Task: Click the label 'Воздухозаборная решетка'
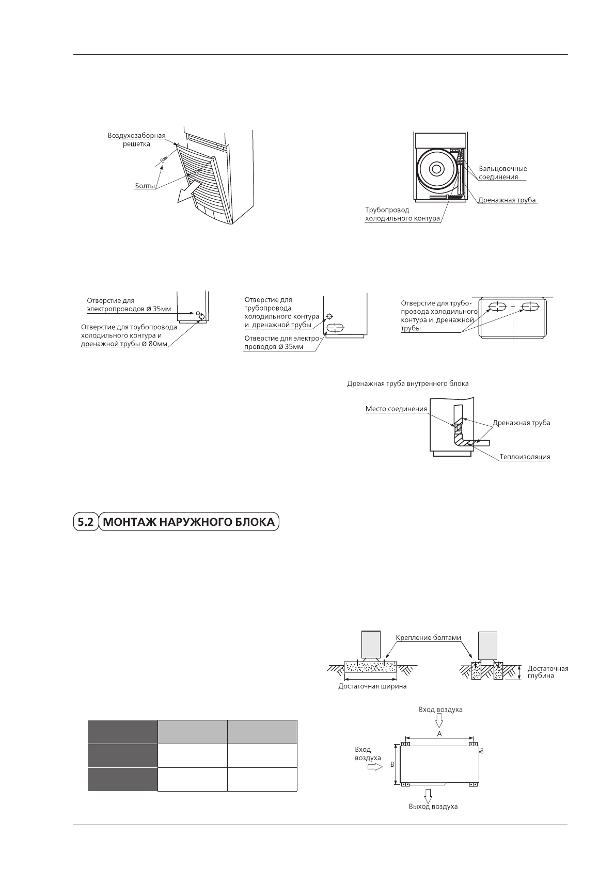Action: [x=136, y=140]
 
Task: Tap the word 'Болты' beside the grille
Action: [x=142, y=186]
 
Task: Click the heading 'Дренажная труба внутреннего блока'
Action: [x=408, y=384]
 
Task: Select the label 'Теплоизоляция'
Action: [x=525, y=457]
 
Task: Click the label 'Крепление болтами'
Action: [x=428, y=637]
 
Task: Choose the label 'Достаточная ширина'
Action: [x=372, y=686]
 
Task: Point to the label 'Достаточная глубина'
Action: [x=548, y=672]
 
